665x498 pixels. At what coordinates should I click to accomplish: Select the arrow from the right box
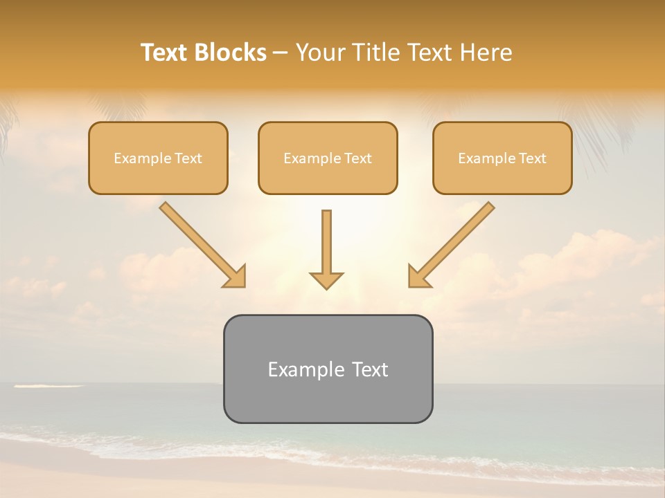coord(454,242)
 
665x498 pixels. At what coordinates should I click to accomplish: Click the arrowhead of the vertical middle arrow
coord(326,280)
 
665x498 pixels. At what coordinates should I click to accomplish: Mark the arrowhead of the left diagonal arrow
coord(236,277)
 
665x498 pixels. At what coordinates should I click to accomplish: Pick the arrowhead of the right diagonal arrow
coord(418,277)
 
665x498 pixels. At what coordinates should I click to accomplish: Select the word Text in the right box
coord(533,158)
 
